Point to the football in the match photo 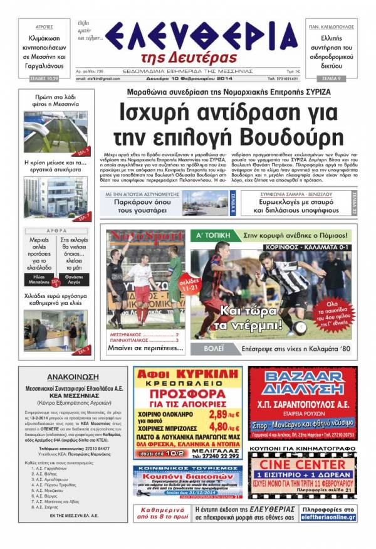[300, 326]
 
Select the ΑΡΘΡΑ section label [58, 231]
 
